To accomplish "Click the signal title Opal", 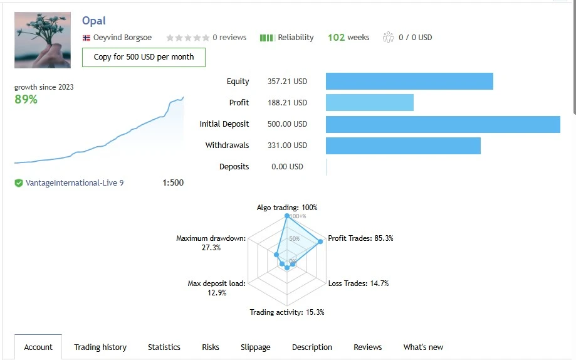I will tap(94, 21).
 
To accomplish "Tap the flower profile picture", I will tap(43, 40).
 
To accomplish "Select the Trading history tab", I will tap(100, 347).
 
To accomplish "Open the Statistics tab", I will tap(164, 347).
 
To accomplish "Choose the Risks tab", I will tap(211, 347).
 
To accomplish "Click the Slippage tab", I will tap(256, 347).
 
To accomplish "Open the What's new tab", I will tap(423, 347).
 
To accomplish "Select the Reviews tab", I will tap(368, 347).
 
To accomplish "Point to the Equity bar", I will tap(409, 82).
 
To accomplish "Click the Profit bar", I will tap(370, 103).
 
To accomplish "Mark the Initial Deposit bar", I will tap(442, 124).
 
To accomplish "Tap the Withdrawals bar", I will tap(403, 146).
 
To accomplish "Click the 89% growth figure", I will tap(26, 99).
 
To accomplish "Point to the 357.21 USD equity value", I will tap(287, 82).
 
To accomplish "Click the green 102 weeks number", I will tap(337, 38).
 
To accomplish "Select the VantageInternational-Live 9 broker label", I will tap(74, 183).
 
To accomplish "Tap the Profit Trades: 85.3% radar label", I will tap(360, 238).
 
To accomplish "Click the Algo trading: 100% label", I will tap(287, 208).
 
